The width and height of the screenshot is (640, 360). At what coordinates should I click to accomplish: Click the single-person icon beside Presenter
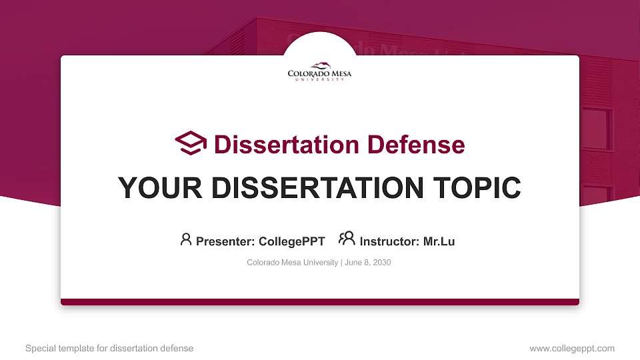(x=186, y=239)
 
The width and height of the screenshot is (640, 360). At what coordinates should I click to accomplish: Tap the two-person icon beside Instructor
(x=347, y=239)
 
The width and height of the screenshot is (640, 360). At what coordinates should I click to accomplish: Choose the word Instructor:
(x=390, y=241)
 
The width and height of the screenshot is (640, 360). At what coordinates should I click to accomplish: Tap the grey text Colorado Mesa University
(x=292, y=263)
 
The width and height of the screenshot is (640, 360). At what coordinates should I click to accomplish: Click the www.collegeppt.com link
(x=571, y=348)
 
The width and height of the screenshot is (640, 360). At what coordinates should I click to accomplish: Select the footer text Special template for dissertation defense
(x=109, y=348)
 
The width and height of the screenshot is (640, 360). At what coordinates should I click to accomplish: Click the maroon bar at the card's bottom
(x=320, y=302)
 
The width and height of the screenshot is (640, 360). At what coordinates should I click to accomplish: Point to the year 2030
(x=382, y=263)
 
